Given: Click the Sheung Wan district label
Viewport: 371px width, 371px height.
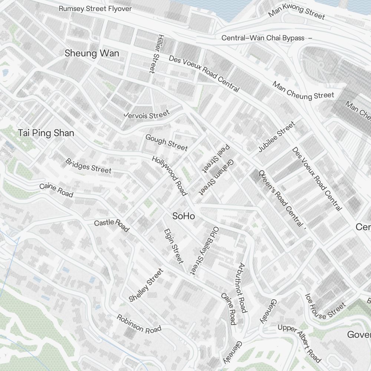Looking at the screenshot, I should pyautogui.click(x=92, y=53).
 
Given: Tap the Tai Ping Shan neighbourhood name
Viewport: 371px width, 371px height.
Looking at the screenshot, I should pyautogui.click(x=46, y=133).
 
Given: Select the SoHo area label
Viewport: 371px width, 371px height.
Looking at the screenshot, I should pyautogui.click(x=184, y=216).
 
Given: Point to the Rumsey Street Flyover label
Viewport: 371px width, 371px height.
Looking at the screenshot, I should pyautogui.click(x=95, y=9).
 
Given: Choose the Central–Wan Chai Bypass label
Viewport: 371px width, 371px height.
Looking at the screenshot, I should pyautogui.click(x=263, y=38).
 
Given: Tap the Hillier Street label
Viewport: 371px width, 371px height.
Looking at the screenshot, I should pyautogui.click(x=153, y=54).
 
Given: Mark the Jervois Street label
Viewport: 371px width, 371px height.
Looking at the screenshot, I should pyautogui.click(x=147, y=114).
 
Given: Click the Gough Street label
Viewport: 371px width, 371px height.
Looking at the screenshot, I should pyautogui.click(x=167, y=143).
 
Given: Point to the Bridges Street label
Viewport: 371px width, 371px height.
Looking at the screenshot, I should pyautogui.click(x=88, y=166).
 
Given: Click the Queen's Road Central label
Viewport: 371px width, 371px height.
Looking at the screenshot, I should pyautogui.click(x=281, y=198).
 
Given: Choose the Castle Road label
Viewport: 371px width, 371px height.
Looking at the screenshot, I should pyautogui.click(x=111, y=225).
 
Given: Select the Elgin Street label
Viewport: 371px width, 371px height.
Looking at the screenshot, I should pyautogui.click(x=174, y=246).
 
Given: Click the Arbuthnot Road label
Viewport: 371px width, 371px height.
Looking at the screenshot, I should pyautogui.click(x=242, y=288).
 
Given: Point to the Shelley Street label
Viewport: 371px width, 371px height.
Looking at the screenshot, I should pyautogui.click(x=146, y=285).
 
